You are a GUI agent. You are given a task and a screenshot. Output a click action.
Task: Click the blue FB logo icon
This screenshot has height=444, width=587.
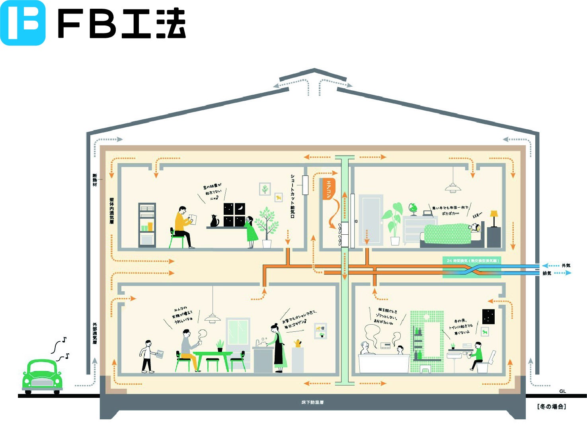23,23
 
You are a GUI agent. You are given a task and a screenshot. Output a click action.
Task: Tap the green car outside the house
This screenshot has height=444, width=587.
42,376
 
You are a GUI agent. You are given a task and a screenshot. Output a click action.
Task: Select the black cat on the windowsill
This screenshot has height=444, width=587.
215,221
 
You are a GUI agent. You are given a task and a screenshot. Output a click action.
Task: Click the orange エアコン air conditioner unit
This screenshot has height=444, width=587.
329,189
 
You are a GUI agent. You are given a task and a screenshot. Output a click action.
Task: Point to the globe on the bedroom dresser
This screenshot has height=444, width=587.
413,208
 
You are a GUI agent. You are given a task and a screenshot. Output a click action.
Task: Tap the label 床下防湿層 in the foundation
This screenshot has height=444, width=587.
312,403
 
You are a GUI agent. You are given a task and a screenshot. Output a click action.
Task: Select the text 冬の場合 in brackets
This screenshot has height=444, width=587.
551,407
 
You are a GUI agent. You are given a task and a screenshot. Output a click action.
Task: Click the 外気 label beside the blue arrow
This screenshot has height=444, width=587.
566,265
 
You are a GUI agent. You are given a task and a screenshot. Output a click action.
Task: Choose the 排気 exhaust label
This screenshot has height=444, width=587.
547,273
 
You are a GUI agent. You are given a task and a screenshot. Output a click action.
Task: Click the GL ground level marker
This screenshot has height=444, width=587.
562,391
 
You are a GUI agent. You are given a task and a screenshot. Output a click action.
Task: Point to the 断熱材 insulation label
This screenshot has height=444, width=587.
95,180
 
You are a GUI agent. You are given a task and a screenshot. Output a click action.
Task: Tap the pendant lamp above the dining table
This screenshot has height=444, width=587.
213,317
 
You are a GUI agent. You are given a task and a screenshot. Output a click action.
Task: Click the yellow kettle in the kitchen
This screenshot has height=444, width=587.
297,343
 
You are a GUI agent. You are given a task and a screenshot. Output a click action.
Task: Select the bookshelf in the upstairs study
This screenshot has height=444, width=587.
147,225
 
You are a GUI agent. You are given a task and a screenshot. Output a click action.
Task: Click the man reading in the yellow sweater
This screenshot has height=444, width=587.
183,227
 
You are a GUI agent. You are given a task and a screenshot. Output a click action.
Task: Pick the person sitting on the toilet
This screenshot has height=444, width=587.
477,355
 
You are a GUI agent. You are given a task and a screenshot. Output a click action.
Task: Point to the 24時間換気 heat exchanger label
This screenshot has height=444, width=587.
472,261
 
